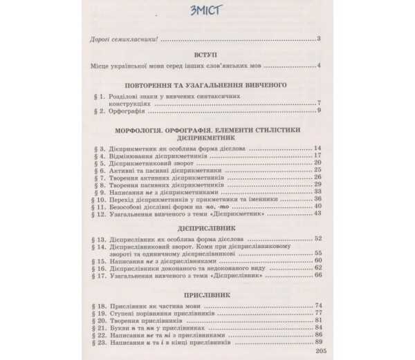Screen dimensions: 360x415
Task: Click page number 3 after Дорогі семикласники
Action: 317,39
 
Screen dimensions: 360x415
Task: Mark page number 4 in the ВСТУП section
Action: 317,66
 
